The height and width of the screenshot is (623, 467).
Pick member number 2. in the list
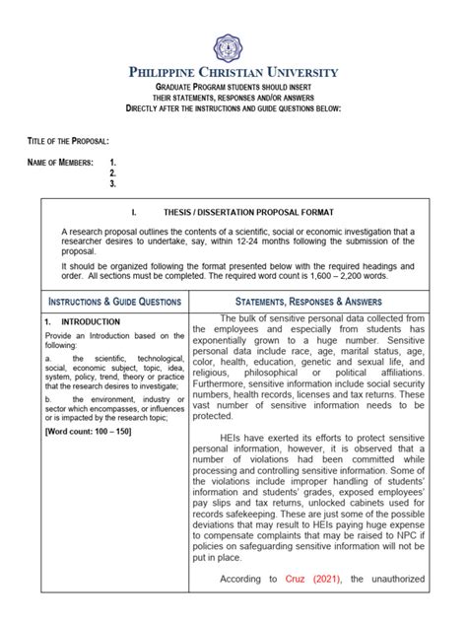(113, 173)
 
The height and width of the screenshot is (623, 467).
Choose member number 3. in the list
(113, 183)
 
